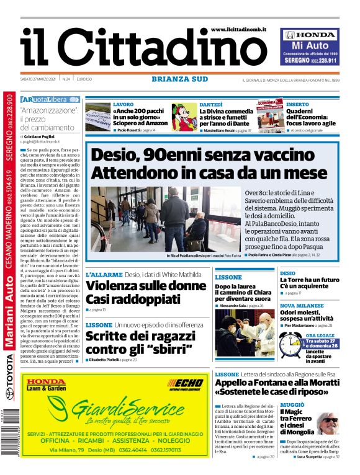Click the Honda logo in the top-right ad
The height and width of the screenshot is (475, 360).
click(310, 35)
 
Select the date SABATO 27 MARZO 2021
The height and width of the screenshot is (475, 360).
click(39, 79)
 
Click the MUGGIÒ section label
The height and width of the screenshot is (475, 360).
click(292, 386)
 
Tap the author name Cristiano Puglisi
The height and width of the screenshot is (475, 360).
click(47, 135)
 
